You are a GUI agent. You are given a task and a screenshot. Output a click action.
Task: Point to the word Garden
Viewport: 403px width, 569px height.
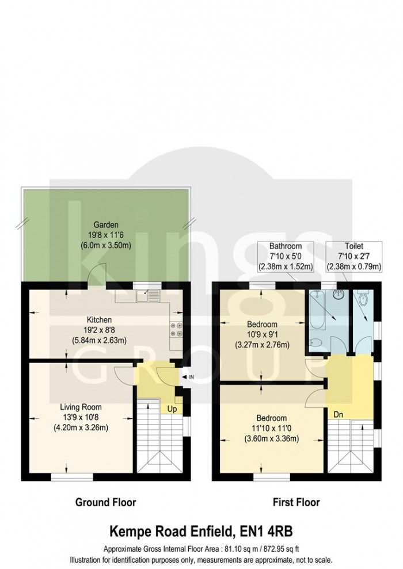coord(107,225)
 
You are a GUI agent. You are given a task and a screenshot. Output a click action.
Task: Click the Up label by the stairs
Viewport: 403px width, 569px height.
coord(171,409)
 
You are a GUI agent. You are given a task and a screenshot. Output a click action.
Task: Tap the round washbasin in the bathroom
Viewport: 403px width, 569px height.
coord(340,295)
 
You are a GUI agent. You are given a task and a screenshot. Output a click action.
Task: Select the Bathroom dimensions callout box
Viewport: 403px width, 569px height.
coord(286,256)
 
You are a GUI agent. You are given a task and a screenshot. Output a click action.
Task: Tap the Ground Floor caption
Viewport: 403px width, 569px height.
coord(106,502)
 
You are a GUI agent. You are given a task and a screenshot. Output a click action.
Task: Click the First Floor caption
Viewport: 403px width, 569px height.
coord(296,502)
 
